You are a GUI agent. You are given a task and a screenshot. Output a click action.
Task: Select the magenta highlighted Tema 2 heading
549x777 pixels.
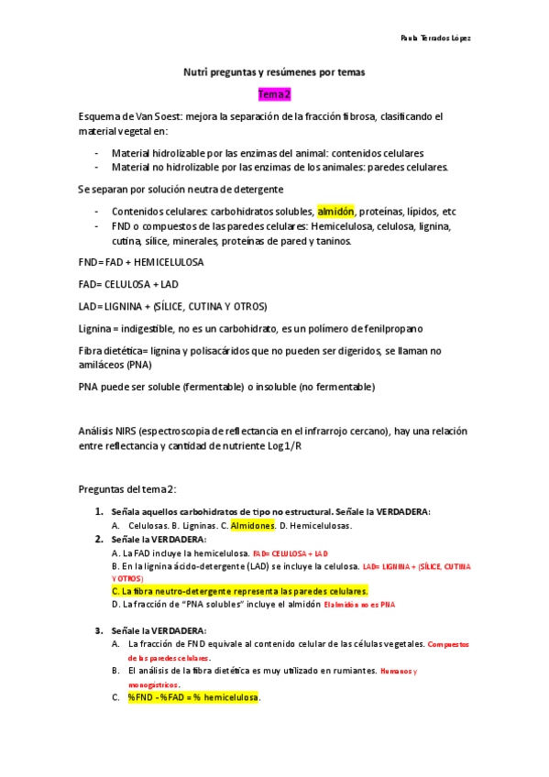[274, 94]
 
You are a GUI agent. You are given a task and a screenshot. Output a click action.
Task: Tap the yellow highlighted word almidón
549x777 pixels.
[335, 211]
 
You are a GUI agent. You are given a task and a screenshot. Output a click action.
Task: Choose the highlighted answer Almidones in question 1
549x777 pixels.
[252, 526]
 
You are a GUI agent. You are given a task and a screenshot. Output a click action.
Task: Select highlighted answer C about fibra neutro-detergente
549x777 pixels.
[238, 591]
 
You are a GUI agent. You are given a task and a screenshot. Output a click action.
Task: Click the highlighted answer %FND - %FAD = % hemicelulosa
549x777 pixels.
[193, 698]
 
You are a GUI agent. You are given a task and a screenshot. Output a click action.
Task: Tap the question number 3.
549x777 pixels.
[98, 630]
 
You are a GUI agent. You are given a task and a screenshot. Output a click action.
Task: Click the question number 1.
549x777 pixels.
[98, 511]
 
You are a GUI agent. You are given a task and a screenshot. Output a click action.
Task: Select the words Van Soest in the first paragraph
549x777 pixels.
[153, 116]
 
